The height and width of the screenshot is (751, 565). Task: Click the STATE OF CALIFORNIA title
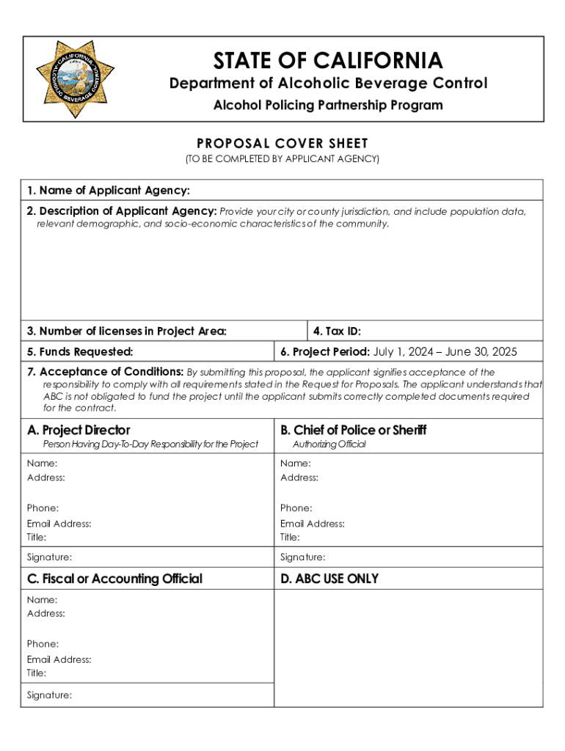coord(328,60)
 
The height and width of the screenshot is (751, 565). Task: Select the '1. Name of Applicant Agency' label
coord(109,191)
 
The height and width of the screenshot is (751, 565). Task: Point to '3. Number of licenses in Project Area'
coord(127,331)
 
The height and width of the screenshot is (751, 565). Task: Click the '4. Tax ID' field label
coord(337,331)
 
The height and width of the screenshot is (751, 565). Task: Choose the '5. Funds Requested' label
coord(80,352)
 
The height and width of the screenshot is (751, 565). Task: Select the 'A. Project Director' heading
coord(79,430)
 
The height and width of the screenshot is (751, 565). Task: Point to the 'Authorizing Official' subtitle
coord(329,444)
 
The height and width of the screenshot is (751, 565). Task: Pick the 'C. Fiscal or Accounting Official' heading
coord(114,579)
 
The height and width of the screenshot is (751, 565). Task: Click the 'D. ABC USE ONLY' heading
coord(329,579)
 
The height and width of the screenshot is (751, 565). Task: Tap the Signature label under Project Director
coord(49,557)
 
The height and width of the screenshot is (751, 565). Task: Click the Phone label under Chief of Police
coord(296,508)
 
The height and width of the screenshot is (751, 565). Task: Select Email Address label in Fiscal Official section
coord(59,659)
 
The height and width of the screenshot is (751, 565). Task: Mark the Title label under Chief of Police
coord(291,537)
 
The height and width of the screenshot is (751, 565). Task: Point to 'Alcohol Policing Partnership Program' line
coord(328,106)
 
